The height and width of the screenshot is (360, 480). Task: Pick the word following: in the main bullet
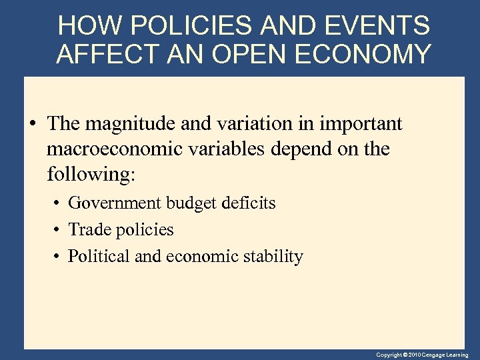(91, 175)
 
